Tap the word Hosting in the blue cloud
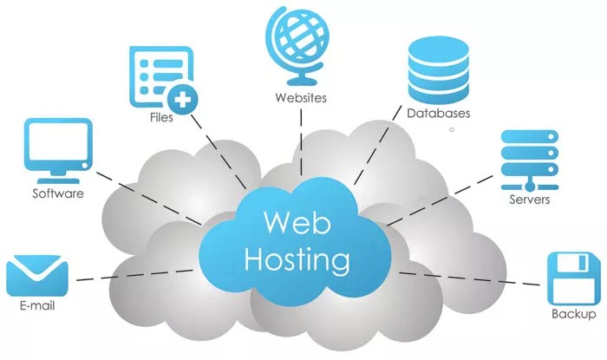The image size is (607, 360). (297, 258)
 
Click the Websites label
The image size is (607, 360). (300, 98)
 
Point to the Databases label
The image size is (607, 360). (439, 114)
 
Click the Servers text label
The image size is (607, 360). (530, 200)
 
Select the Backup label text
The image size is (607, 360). (573, 314)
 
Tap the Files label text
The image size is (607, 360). (161, 117)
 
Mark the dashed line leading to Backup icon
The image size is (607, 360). (468, 278)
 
